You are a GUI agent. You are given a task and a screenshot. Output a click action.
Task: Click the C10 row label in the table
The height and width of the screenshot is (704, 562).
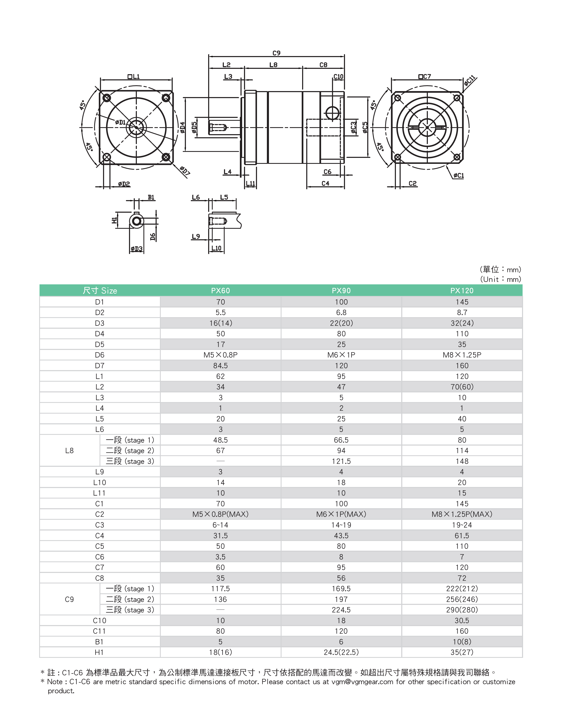100,620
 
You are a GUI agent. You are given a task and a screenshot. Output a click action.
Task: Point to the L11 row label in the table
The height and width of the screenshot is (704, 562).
100,493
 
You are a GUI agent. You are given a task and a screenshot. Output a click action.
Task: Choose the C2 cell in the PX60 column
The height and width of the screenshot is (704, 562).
221,514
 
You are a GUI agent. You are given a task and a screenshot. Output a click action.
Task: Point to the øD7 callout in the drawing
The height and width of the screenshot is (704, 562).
185,171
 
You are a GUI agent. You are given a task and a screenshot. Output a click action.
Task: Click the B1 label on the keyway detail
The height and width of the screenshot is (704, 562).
151,197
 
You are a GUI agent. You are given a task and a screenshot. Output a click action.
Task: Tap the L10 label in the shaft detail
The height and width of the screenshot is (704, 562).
216,248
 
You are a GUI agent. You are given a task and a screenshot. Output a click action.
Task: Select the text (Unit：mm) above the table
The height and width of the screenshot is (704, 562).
500,279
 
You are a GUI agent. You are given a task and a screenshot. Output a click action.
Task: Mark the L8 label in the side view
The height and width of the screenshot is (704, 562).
273,65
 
